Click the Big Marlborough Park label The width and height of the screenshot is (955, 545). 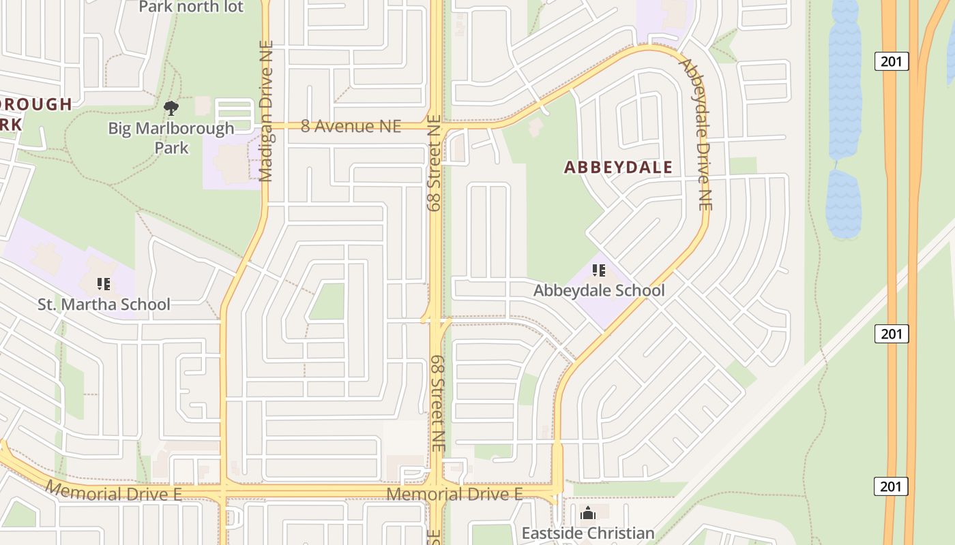171,137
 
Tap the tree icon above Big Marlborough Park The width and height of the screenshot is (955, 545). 171,108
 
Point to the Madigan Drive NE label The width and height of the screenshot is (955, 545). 267,111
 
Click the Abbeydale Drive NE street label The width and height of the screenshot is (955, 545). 696,134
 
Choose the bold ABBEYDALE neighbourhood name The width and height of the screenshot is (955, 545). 618,167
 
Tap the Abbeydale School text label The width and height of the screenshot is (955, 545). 598,290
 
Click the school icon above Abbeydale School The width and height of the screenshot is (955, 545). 599,270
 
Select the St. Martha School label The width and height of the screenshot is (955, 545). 104,304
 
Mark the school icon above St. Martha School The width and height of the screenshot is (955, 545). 104,284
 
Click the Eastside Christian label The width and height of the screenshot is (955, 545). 587,533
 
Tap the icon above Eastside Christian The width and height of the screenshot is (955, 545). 587,513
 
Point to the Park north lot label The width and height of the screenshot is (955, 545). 190,7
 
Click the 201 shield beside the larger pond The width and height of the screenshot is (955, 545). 892,61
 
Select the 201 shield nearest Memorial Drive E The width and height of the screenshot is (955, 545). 892,486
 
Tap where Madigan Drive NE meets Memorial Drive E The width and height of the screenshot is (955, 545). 223,492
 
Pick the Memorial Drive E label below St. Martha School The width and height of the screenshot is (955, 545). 114,491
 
